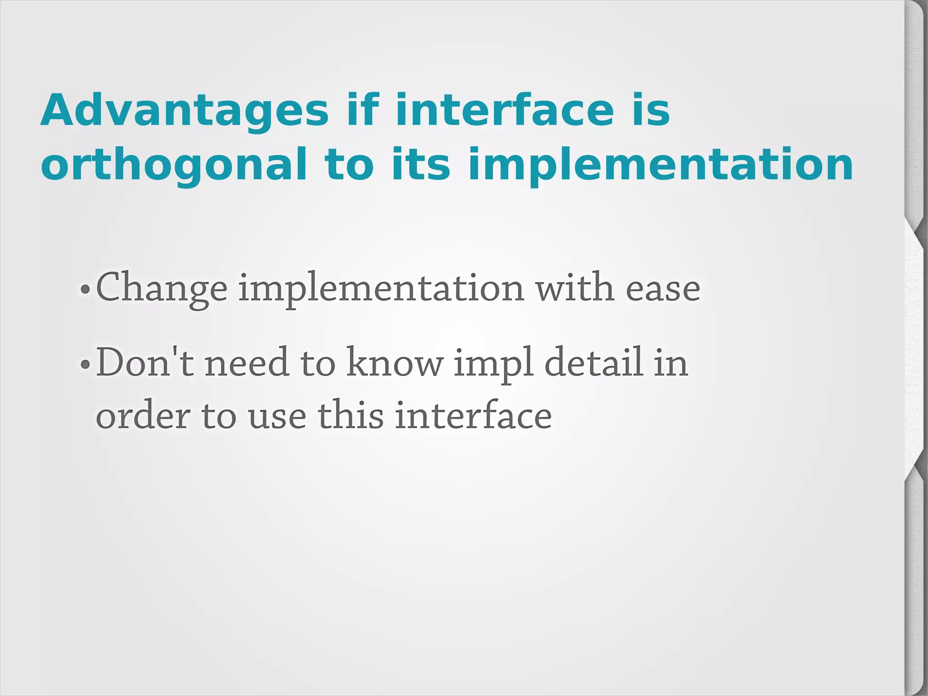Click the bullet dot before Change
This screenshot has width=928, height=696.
(85, 290)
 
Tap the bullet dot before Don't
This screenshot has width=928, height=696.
(85, 364)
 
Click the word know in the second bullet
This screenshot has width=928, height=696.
(395, 362)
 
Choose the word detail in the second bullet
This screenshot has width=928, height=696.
(594, 362)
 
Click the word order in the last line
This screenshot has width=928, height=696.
(143, 416)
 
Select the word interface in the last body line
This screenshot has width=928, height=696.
(473, 416)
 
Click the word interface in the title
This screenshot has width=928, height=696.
(504, 111)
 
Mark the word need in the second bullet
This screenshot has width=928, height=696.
(247, 362)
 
